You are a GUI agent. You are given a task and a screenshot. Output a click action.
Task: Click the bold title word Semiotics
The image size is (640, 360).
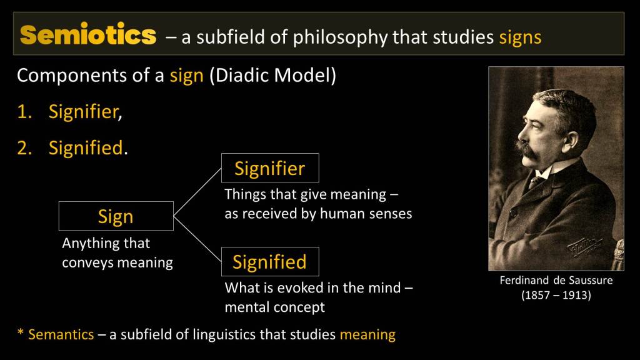[88, 35]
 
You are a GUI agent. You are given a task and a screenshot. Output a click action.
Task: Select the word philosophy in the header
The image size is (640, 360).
[340, 37]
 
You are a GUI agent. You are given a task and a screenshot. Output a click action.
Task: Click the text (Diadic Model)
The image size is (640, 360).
[272, 76]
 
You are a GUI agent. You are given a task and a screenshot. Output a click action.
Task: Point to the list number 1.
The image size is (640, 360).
[24, 111]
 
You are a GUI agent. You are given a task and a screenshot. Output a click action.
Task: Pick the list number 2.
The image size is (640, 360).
[24, 147]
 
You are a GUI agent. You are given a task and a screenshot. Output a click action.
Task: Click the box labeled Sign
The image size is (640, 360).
[116, 216]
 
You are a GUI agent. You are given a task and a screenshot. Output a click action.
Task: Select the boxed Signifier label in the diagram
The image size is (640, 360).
[270, 168]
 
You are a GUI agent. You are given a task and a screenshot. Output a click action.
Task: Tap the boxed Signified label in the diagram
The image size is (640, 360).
[270, 262]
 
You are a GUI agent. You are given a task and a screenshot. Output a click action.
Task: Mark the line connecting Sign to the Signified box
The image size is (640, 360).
[197, 239]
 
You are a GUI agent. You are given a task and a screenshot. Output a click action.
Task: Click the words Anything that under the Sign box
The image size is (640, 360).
[106, 243]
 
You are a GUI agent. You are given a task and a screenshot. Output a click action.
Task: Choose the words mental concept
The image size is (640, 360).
[275, 307]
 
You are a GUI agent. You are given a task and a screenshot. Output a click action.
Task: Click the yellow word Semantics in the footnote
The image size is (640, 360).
[61, 335]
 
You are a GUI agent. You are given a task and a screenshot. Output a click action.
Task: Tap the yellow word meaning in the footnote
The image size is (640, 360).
[367, 335]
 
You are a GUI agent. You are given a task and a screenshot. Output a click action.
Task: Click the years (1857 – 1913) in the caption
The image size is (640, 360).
[556, 295]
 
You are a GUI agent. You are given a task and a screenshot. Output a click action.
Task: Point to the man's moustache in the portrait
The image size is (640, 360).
[527, 150]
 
